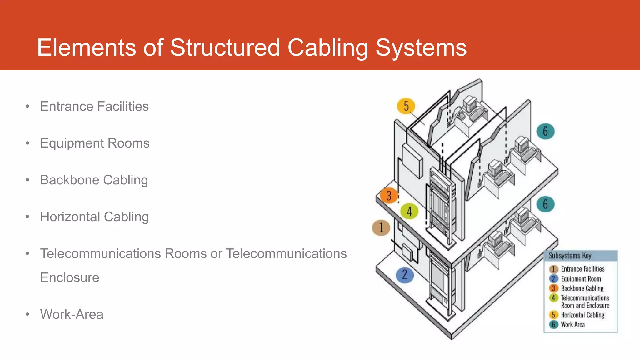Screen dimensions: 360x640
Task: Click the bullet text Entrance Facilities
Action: pyautogui.click(x=94, y=106)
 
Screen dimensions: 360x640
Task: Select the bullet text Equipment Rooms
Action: pyautogui.click(x=95, y=143)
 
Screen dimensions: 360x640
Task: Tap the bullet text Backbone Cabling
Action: pyautogui.click(x=94, y=180)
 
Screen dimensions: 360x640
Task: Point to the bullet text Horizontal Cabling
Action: pyautogui.click(x=94, y=217)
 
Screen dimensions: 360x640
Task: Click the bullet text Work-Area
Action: pyautogui.click(x=72, y=314)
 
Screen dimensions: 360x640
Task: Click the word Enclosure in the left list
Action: pyautogui.click(x=70, y=277)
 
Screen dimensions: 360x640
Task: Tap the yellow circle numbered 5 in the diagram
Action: pyautogui.click(x=406, y=106)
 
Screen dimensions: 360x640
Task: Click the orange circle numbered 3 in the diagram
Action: pyautogui.click(x=389, y=196)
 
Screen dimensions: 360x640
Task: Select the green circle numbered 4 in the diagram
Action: pyautogui.click(x=409, y=211)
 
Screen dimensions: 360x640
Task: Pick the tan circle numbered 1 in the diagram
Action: pyautogui.click(x=381, y=227)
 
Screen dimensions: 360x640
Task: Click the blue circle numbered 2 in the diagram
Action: pyautogui.click(x=405, y=275)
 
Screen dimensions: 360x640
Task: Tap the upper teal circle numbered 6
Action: pyautogui.click(x=545, y=131)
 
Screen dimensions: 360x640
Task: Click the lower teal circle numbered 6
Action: pyautogui.click(x=545, y=204)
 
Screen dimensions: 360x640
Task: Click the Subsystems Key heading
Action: pyautogui.click(x=570, y=256)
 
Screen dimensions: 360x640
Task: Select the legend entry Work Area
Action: pyautogui.click(x=572, y=325)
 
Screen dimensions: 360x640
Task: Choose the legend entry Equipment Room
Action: pyautogui.click(x=581, y=279)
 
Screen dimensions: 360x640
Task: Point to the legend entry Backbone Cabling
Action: pyautogui.click(x=582, y=288)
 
